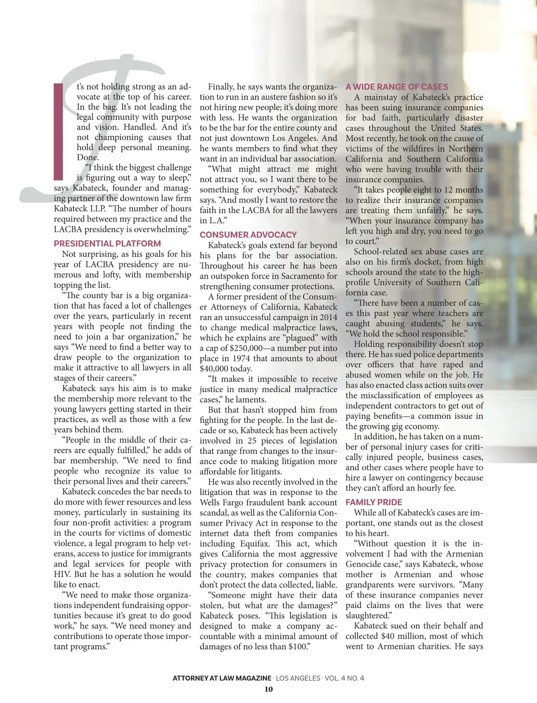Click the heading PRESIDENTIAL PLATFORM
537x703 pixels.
tap(107, 244)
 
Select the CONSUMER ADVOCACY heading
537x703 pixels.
tap(248, 235)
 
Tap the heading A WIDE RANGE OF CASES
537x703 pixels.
tap(396, 87)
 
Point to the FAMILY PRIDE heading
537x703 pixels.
tap(374, 502)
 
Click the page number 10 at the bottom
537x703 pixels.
tap(268, 689)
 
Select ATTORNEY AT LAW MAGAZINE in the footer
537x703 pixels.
tap(222, 678)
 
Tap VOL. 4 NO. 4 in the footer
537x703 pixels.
tap(344, 678)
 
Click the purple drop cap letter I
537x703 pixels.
tap(59, 131)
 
